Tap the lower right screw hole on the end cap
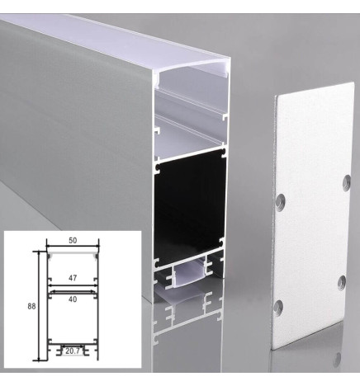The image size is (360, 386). [340, 283]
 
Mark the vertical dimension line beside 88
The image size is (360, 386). [38, 305]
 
